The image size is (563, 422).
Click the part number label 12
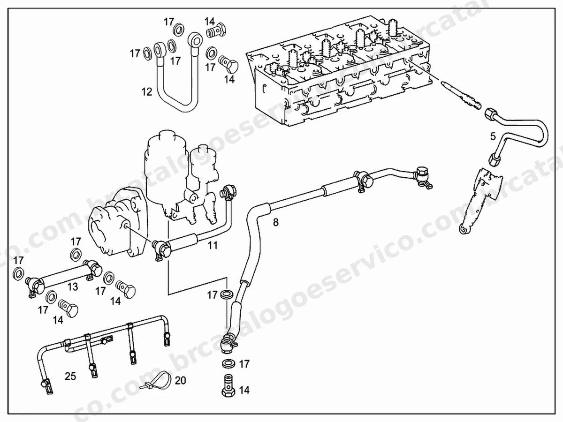coord(147,92)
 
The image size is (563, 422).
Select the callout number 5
coord(493,136)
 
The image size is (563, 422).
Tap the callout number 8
coord(276,222)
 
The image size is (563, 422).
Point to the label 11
coord(213,245)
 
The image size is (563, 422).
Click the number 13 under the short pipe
coord(73,286)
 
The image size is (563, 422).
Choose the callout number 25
coord(70,376)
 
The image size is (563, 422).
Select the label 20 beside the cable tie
coord(180,380)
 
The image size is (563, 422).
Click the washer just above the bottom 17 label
coord(228,363)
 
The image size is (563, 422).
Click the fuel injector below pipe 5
coord(479,200)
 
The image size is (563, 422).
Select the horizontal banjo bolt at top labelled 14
coord(216,30)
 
